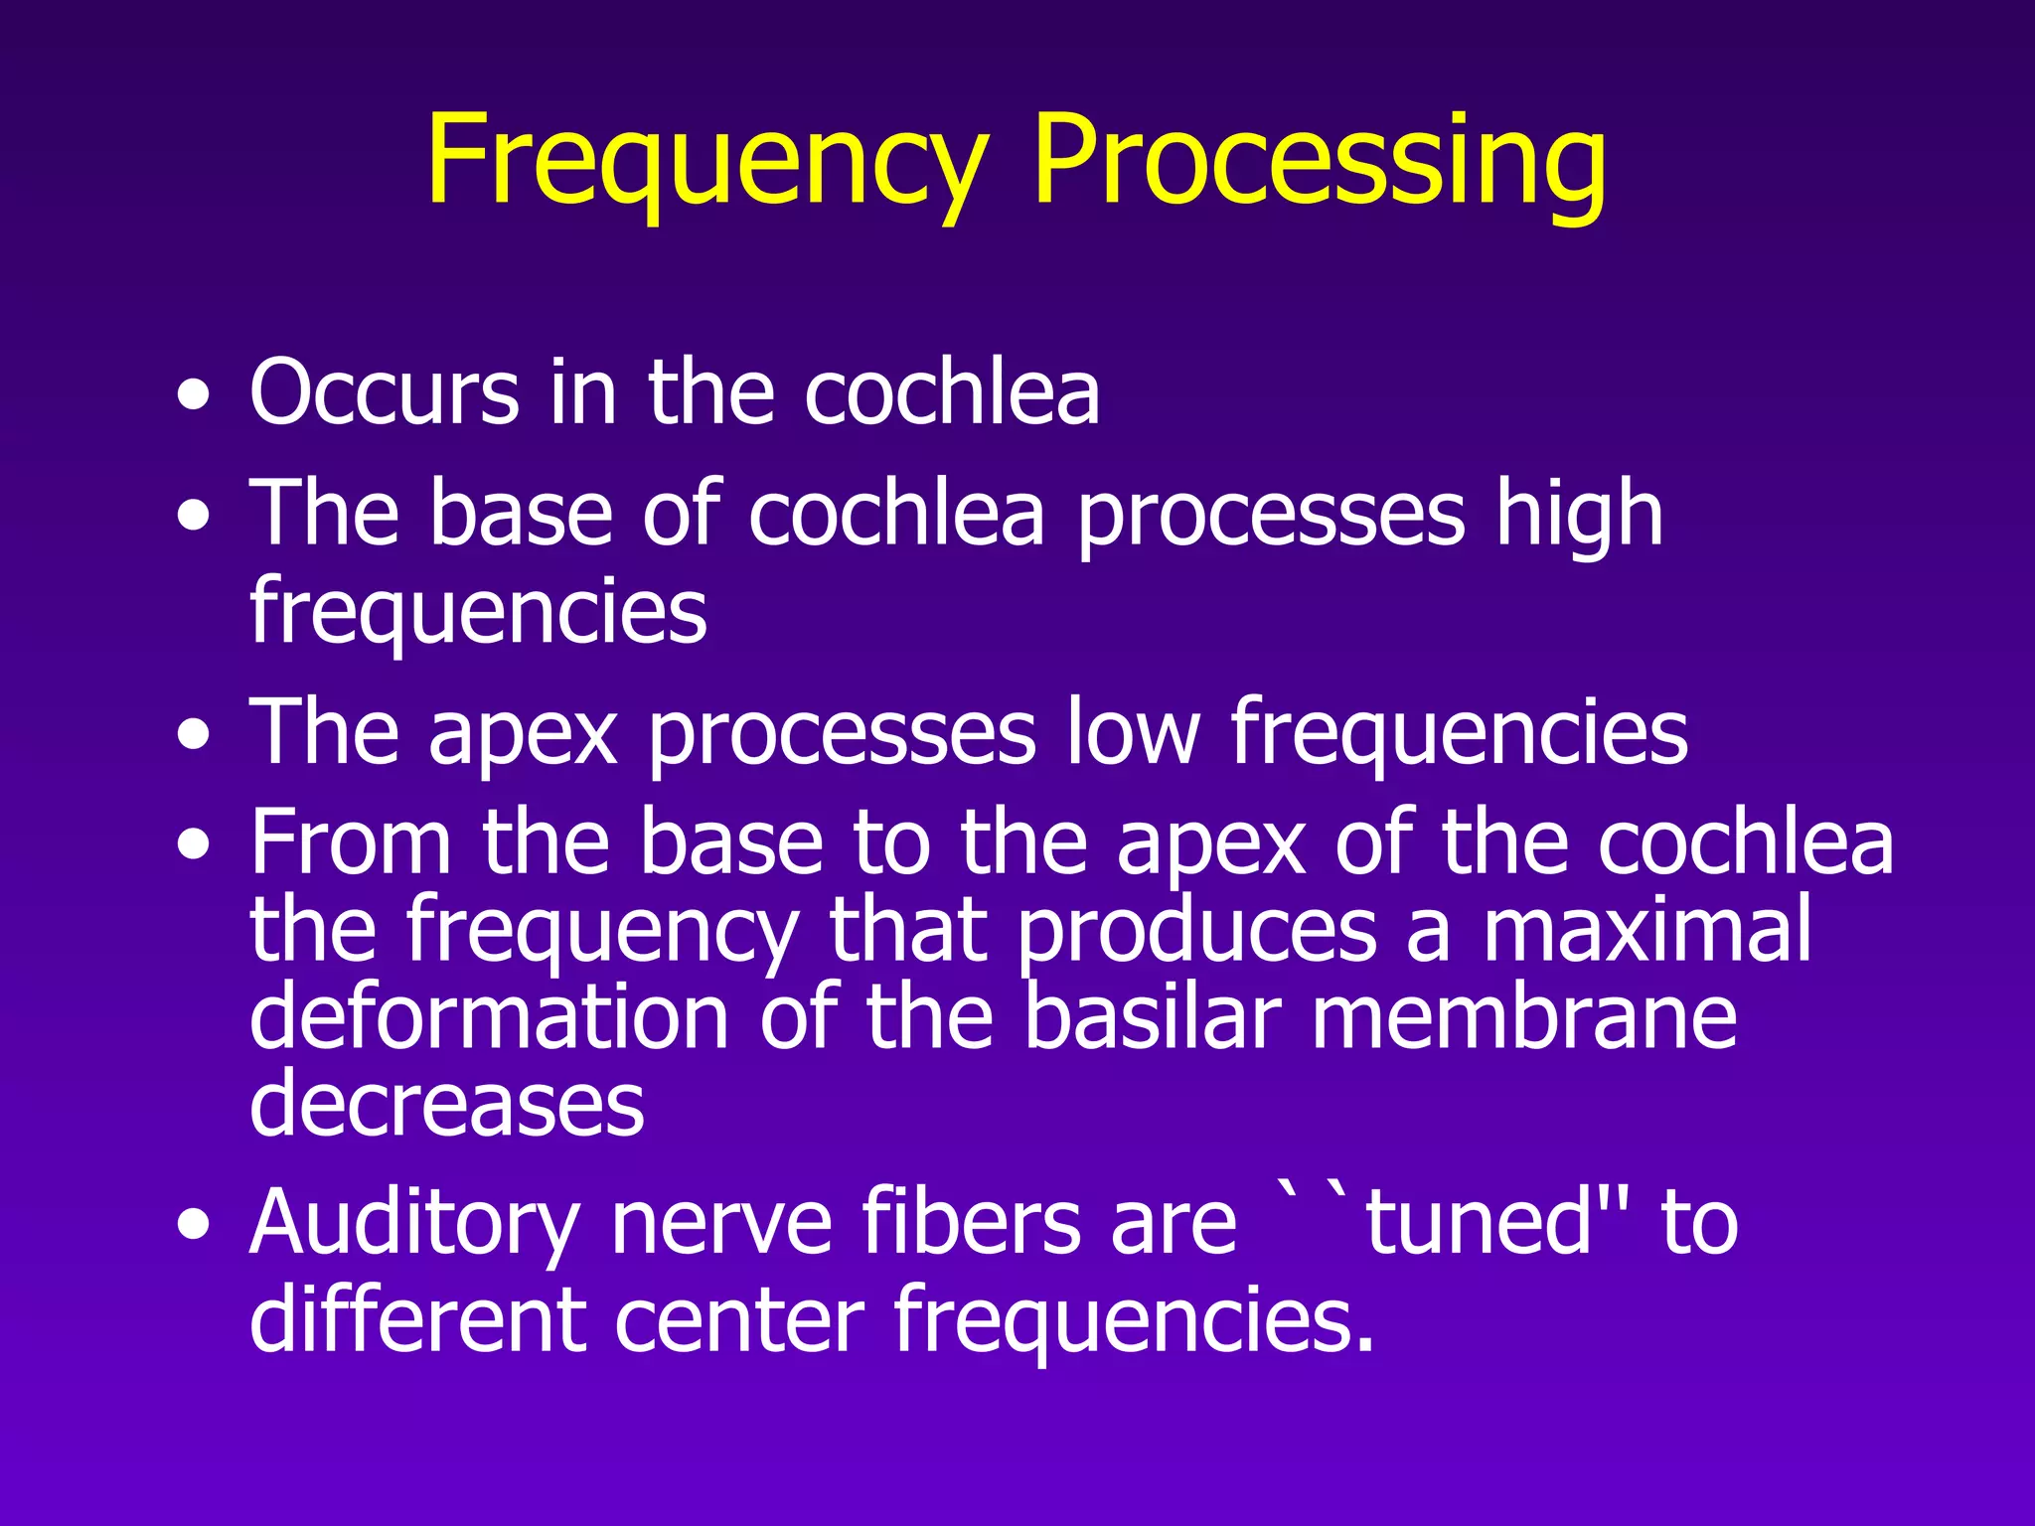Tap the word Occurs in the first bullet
384,393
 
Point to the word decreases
446,1105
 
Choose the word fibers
970,1222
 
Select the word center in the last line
739,1321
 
